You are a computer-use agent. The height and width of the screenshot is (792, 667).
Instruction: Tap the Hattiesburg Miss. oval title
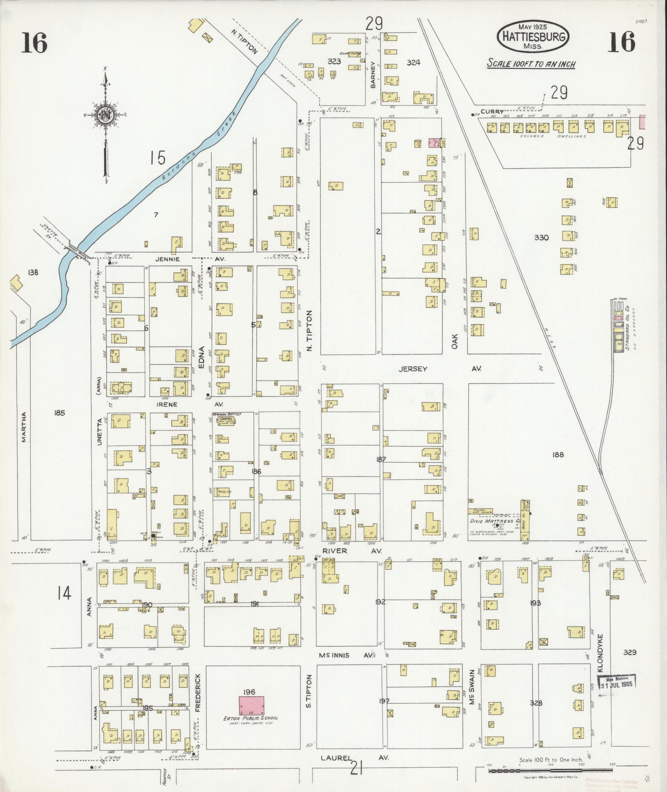(x=533, y=37)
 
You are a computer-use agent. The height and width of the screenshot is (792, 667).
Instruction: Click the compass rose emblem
(x=105, y=115)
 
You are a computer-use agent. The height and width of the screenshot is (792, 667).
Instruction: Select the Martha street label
(x=24, y=427)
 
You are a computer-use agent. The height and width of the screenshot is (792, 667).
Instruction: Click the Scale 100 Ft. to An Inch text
(x=531, y=64)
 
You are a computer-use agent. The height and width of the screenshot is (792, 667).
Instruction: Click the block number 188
(x=558, y=455)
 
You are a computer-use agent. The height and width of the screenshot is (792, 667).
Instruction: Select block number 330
(x=541, y=238)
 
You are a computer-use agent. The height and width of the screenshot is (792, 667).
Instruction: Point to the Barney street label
(x=373, y=75)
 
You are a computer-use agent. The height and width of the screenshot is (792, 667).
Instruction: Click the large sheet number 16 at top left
(x=35, y=43)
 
